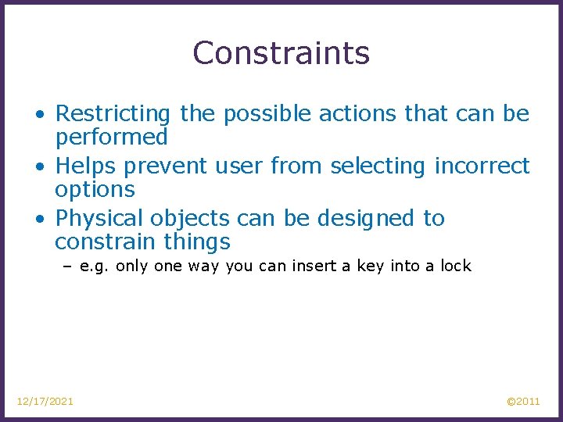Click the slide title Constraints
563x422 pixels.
tap(281, 53)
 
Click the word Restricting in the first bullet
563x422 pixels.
tap(113, 114)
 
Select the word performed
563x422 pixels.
tap(111, 138)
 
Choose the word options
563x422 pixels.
tap(95, 190)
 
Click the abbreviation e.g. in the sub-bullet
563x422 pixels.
tap(95, 266)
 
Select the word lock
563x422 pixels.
tap(455, 266)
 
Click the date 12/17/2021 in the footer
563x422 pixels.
tap(45, 402)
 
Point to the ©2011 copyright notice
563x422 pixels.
tap(523, 402)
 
